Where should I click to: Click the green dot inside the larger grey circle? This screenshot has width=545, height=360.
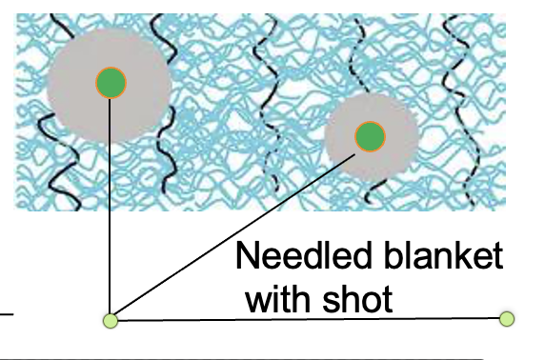pyautogui.click(x=111, y=82)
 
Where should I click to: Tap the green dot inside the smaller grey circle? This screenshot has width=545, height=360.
pyautogui.click(x=369, y=137)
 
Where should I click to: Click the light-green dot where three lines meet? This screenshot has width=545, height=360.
pyautogui.click(x=111, y=320)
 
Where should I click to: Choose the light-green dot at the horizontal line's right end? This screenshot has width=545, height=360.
pyautogui.click(x=506, y=318)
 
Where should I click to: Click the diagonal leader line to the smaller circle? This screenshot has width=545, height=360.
pyautogui.click(x=238, y=229)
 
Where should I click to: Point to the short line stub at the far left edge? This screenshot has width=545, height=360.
pyautogui.click(x=7, y=313)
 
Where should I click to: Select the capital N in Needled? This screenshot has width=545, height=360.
pyautogui.click(x=247, y=257)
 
